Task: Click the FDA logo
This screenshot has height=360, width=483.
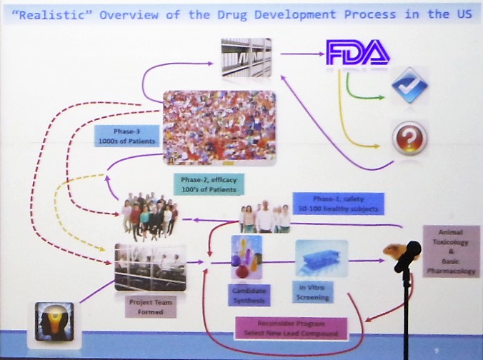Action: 357,52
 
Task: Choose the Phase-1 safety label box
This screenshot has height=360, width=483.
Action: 338,204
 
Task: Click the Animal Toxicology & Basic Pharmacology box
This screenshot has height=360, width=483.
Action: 451,251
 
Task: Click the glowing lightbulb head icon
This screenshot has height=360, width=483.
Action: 54,322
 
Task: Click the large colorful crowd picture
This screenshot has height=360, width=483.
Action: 219,127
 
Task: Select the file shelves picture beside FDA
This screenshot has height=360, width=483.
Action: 246,58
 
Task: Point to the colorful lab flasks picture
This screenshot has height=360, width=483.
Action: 246,257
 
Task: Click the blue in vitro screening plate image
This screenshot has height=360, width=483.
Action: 321,258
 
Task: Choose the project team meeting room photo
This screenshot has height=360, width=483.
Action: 151,267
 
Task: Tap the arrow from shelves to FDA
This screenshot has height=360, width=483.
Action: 299,52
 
